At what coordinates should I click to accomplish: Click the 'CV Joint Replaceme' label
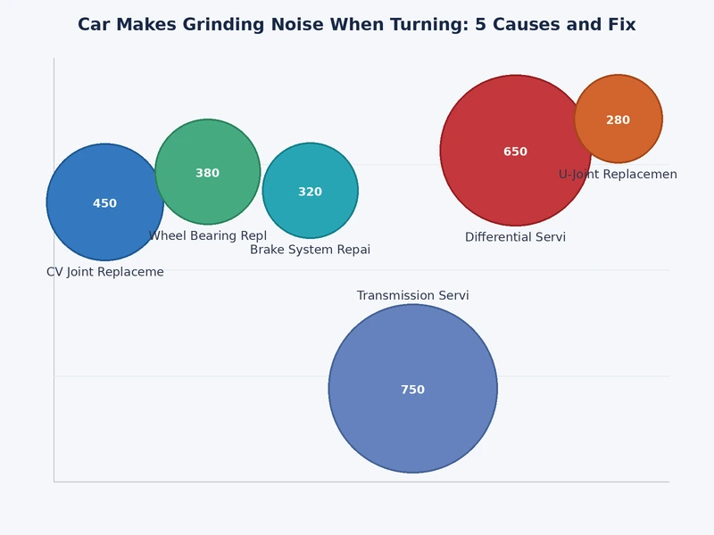[x=105, y=272]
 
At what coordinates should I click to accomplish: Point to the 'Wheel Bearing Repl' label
[x=207, y=235]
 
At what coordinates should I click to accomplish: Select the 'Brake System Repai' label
[x=310, y=250]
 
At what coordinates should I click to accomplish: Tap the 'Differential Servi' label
[x=515, y=237]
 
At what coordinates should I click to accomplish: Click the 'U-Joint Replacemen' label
[x=618, y=175]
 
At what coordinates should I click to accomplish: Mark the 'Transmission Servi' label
[x=412, y=295]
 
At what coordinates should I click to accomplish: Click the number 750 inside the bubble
[x=412, y=390]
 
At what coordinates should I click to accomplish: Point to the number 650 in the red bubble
[x=515, y=152]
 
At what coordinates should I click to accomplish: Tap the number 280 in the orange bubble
[x=618, y=120]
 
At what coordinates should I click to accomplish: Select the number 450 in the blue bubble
[x=104, y=203]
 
